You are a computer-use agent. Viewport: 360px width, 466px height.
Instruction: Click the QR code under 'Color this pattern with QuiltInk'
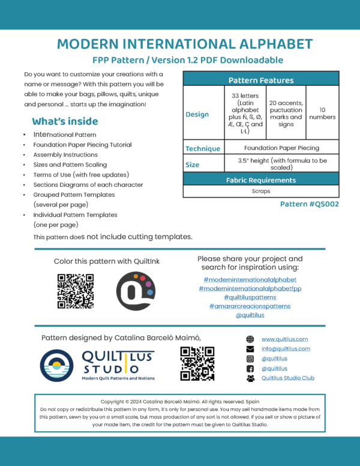click(75, 291)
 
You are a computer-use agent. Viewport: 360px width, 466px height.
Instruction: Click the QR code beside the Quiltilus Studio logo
click(197, 364)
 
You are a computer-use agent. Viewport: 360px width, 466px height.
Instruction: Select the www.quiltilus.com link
click(284, 339)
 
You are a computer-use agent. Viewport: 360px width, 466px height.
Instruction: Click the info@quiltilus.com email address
click(286, 348)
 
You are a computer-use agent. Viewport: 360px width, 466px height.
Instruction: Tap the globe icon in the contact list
click(250, 339)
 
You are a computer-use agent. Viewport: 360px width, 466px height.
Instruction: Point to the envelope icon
click(250, 349)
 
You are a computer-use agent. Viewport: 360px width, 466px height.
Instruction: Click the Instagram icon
click(250, 359)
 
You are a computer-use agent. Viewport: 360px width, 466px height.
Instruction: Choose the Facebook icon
click(250, 368)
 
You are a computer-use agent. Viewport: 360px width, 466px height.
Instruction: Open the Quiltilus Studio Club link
click(288, 378)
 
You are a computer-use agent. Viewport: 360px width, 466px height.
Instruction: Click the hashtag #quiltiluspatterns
click(250, 297)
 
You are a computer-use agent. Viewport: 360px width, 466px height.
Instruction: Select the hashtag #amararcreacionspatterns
click(250, 306)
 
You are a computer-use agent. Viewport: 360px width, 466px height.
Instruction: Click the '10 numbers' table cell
click(323, 113)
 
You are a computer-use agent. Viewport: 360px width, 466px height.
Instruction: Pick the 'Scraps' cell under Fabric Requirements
click(260, 192)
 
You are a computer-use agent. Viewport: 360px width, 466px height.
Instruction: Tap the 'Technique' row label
click(202, 148)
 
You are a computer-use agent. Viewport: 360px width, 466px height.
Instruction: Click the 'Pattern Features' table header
click(260, 80)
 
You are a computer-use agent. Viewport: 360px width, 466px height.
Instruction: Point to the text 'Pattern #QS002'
click(310, 204)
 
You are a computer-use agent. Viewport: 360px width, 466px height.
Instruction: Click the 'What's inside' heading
click(62, 121)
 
